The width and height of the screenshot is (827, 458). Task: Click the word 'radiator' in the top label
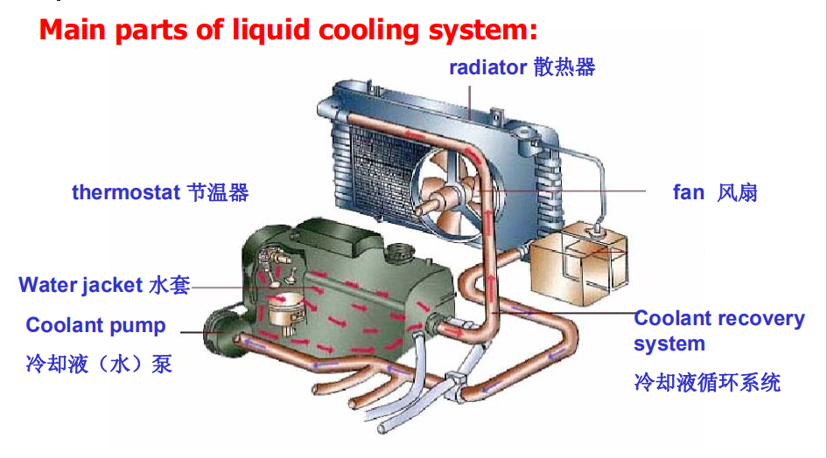tap(487, 67)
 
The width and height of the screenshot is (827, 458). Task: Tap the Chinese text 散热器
tap(564, 67)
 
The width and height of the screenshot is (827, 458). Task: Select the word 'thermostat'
tap(126, 192)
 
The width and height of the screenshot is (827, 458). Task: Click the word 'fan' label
tap(688, 192)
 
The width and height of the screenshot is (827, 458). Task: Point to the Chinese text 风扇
tap(737, 192)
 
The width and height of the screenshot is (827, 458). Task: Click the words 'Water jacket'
tap(81, 285)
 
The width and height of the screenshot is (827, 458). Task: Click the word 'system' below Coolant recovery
tap(669, 344)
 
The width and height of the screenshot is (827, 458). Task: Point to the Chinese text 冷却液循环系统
tap(706, 382)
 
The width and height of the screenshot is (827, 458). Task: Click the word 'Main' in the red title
tap(72, 30)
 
